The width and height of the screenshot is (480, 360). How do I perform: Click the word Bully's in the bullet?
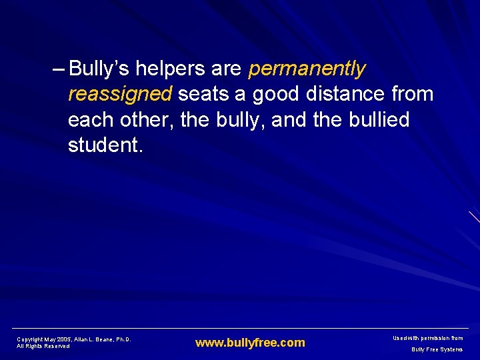pyautogui.click(x=99, y=69)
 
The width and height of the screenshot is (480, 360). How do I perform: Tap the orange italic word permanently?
pyautogui.click(x=307, y=69)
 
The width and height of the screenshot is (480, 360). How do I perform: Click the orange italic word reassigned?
pyautogui.click(x=120, y=94)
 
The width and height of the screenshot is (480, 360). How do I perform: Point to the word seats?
pyautogui.click(x=203, y=94)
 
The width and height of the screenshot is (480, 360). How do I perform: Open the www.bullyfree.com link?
pyautogui.click(x=250, y=343)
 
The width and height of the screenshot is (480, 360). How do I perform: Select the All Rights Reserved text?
pyautogui.click(x=43, y=346)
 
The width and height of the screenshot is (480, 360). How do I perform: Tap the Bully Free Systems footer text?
pyautogui.click(x=437, y=349)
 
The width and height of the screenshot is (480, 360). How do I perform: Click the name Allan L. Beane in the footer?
pyautogui.click(x=94, y=339)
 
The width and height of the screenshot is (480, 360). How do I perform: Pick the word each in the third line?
pyautogui.click(x=89, y=120)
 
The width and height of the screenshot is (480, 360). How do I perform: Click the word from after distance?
pyautogui.click(x=413, y=94)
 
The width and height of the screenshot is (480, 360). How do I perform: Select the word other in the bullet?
pyautogui.click(x=141, y=120)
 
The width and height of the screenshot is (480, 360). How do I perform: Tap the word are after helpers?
pyautogui.click(x=228, y=69)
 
